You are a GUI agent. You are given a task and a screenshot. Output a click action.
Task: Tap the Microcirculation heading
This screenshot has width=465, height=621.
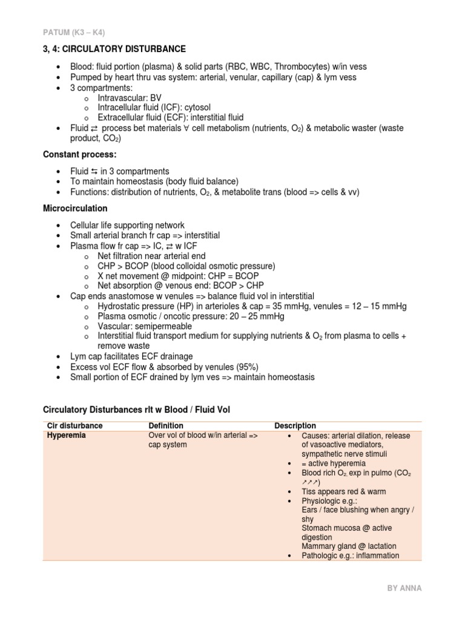coord(76,209)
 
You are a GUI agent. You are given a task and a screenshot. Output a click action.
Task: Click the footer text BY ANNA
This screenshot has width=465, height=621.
coord(404,588)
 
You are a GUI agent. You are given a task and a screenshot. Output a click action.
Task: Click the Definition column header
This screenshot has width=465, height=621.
coord(166,426)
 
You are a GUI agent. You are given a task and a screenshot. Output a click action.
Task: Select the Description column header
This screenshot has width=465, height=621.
coord(295,426)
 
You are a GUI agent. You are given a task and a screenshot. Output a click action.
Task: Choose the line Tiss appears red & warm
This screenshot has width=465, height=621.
coord(343,491)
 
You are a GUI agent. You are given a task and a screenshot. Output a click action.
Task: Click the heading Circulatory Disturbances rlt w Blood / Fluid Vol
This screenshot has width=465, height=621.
coord(137,411)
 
